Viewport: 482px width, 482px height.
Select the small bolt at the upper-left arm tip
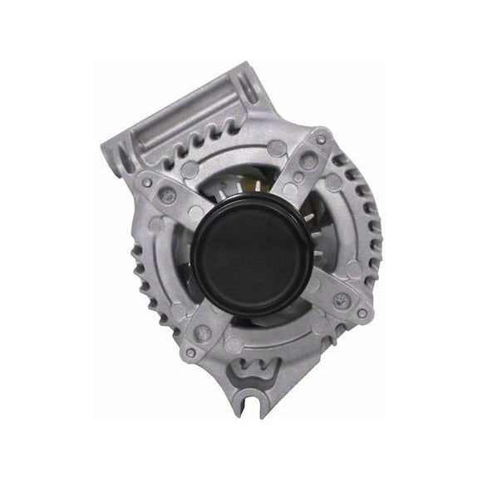(147, 182)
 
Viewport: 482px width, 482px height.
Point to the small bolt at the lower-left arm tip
(190, 352)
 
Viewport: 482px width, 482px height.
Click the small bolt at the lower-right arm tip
(361, 313)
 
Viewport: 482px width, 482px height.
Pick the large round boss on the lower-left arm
(203, 332)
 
